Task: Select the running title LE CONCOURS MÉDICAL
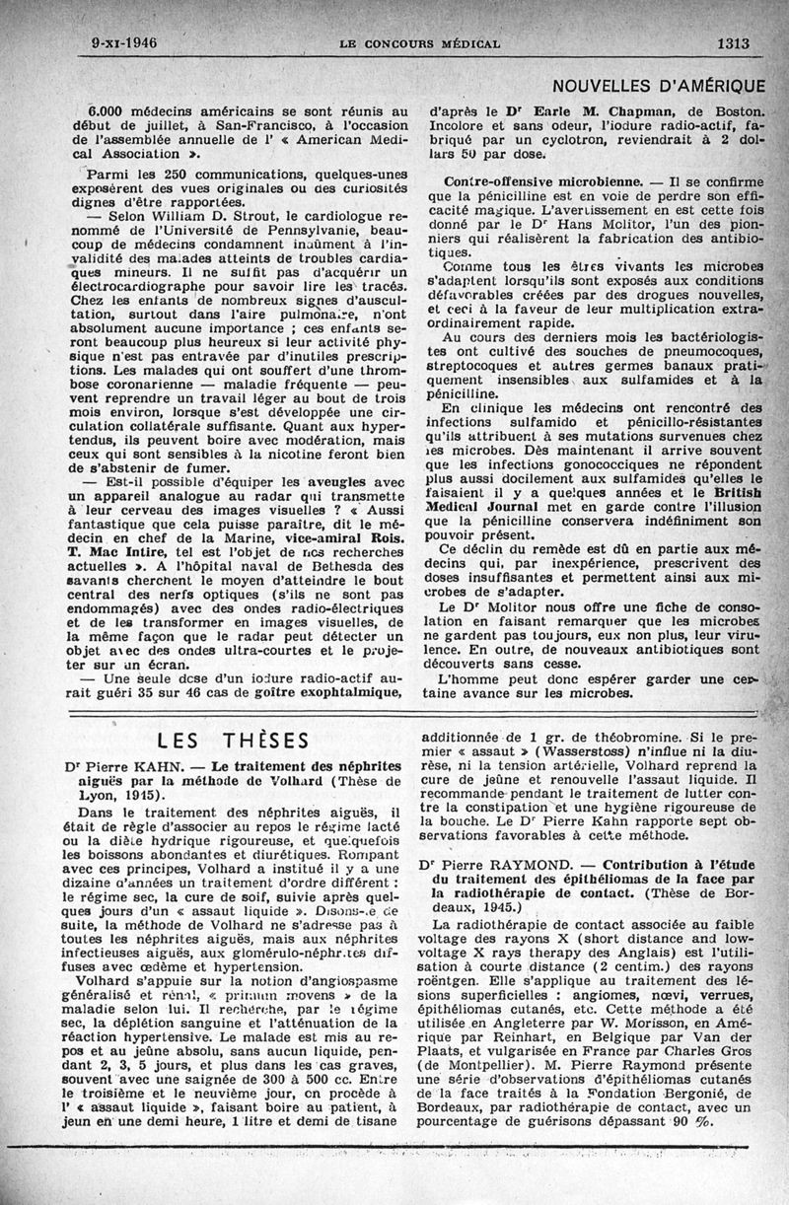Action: (419, 44)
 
